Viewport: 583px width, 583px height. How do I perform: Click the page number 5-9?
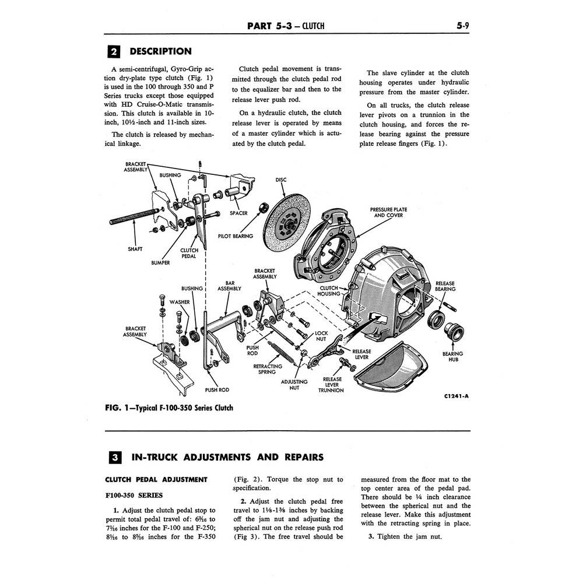(463, 26)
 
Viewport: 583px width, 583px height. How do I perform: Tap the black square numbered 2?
(114, 51)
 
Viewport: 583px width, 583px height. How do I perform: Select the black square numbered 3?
(115, 457)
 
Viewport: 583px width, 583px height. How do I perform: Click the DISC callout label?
(281, 180)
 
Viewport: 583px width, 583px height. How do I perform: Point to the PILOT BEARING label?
(236, 236)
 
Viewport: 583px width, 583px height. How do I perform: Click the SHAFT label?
(135, 249)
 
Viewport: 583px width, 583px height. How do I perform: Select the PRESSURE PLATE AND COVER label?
(388, 212)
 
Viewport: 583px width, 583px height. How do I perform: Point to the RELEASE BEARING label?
(445, 286)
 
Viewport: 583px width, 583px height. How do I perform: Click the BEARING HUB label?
(453, 357)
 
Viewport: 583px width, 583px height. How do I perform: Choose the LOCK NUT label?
(321, 336)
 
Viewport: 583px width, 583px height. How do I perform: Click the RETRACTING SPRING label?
(268, 369)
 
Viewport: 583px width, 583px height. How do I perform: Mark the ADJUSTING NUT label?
(294, 385)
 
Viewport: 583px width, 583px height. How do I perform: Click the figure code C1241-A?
(456, 396)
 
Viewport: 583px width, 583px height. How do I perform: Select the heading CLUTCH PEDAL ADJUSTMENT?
(156, 480)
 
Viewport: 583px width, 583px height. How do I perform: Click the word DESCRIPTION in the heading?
(161, 51)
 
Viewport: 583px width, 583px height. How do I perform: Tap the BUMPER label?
(160, 263)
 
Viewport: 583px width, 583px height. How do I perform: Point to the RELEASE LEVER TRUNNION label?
(331, 385)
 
